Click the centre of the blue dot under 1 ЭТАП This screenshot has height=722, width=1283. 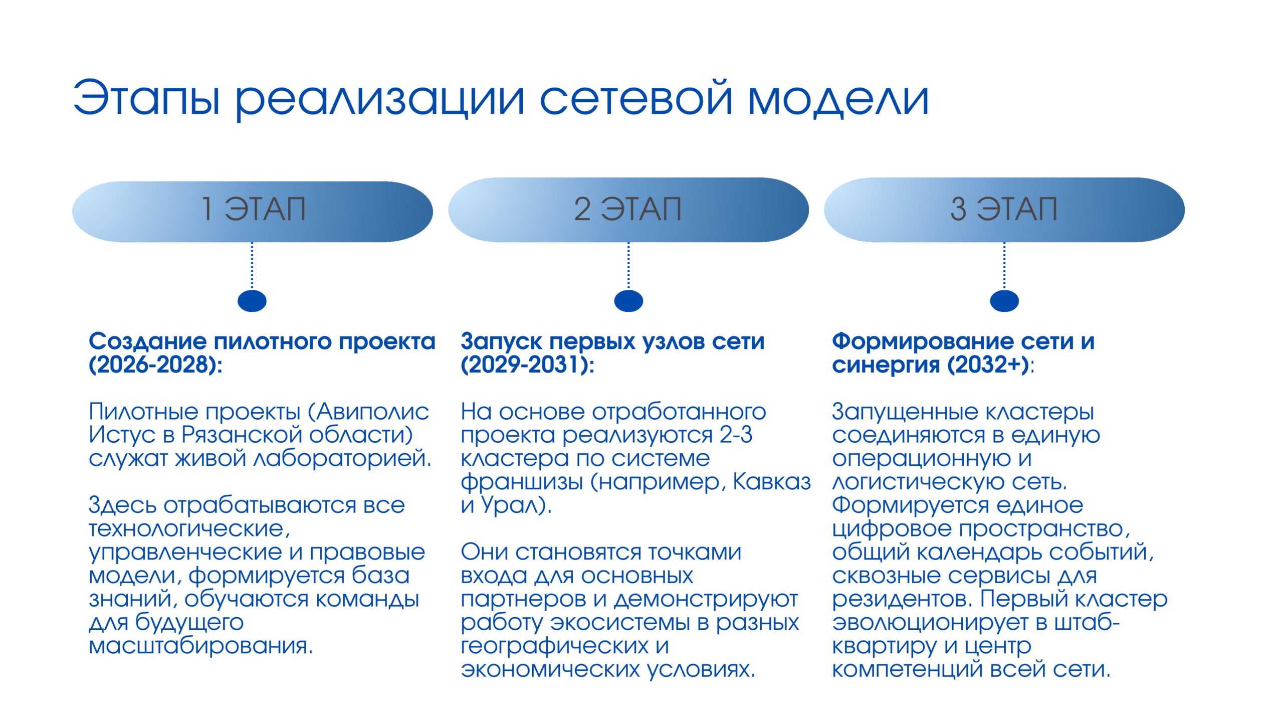pos(252,301)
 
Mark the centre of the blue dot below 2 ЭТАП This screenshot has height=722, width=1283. pos(628,301)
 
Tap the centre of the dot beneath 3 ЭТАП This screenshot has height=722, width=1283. pos(1004,301)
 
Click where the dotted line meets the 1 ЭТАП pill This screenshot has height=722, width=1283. pos(252,243)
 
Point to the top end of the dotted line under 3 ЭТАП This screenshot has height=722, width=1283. pos(1004,243)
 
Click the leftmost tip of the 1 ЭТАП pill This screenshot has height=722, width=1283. pos(73,212)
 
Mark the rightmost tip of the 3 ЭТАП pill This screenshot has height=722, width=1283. pos(1185,210)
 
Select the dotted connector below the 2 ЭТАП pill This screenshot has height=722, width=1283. pos(628,266)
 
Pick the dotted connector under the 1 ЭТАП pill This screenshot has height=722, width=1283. pos(252,266)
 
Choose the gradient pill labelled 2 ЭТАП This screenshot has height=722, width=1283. pos(628,210)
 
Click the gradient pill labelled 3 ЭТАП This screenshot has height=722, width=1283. pos(1004,210)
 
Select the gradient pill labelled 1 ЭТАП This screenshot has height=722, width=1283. pos(253,212)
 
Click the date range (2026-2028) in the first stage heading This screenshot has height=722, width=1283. pos(155,365)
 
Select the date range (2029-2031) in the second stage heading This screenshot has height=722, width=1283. pos(527,365)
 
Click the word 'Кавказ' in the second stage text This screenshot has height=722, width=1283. pos(772,482)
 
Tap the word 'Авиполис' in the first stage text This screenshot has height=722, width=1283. pos(372,412)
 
